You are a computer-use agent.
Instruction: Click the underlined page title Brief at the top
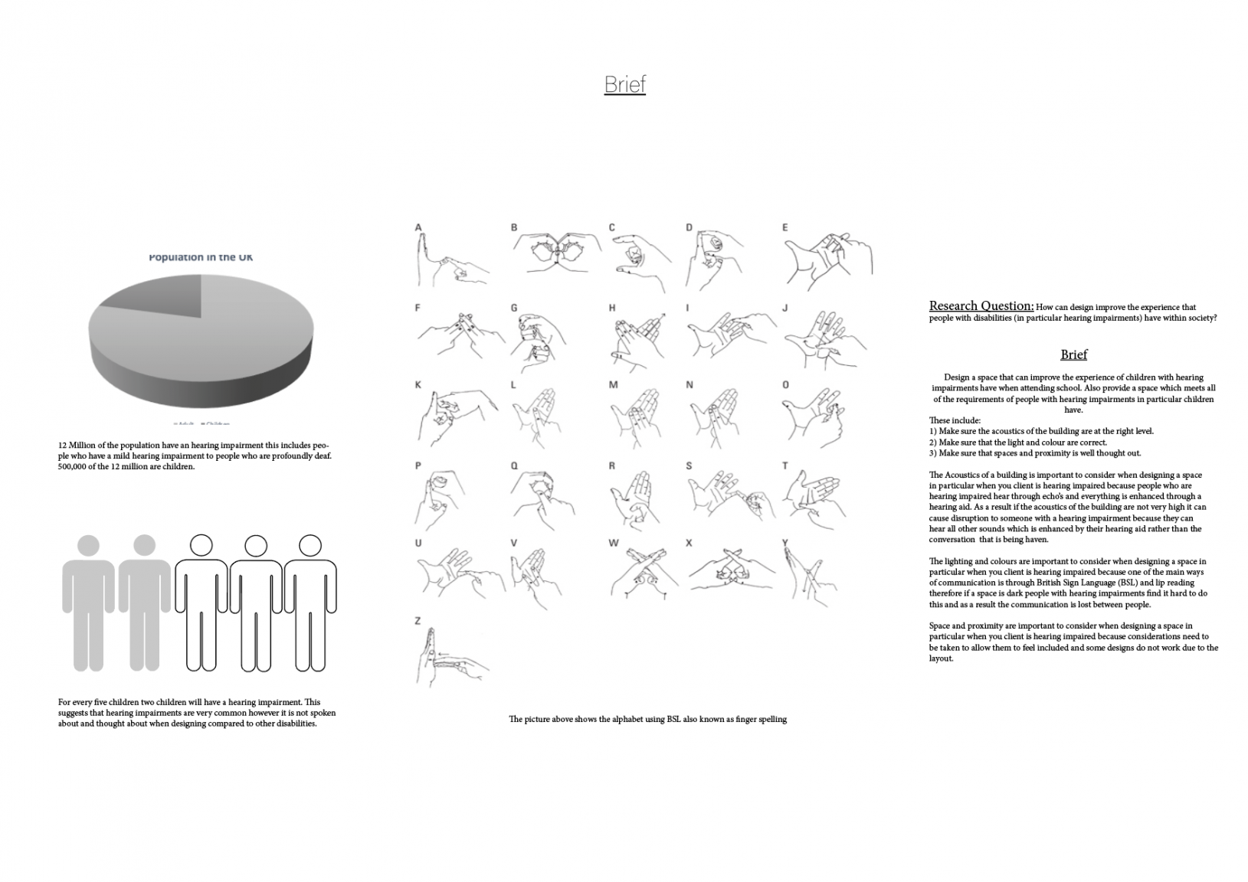[x=624, y=84]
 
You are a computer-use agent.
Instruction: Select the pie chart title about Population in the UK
[x=201, y=257]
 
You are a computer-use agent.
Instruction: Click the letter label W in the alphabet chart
[x=614, y=543]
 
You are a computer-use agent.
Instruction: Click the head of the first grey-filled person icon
[x=88, y=546]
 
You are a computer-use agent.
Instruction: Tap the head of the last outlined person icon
[x=310, y=545]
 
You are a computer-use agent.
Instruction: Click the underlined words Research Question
[x=981, y=306]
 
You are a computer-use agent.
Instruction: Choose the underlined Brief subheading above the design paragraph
[x=1073, y=354]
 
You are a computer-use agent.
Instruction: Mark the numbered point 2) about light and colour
[x=1017, y=443]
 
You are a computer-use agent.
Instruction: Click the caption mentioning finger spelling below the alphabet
[x=647, y=720]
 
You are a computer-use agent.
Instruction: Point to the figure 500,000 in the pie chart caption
[x=74, y=467]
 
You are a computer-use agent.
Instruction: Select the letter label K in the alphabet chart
[x=418, y=384]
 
